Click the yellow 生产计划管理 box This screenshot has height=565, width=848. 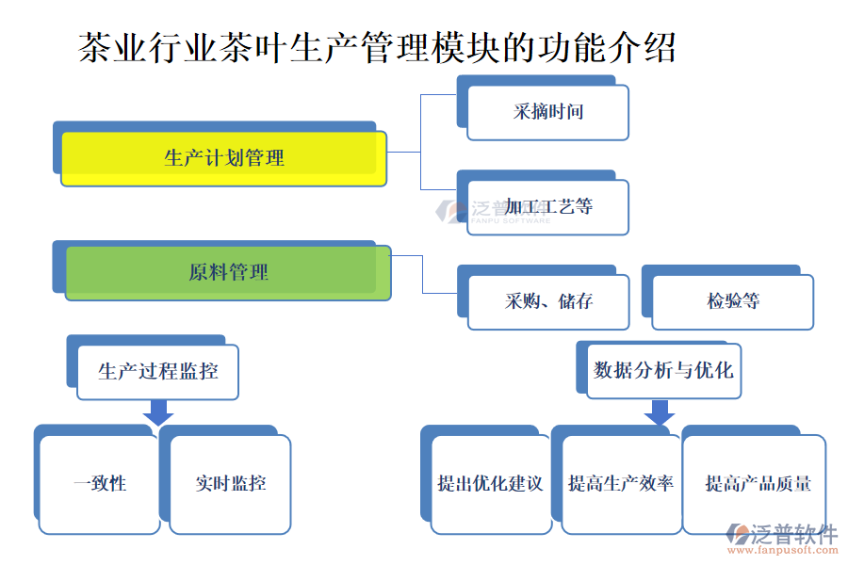(224, 158)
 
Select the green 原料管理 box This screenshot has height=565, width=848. (228, 273)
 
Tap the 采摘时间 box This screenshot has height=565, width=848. (548, 112)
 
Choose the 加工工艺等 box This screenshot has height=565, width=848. (548, 206)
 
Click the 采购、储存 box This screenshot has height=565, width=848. (548, 302)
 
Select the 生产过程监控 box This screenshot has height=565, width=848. (157, 371)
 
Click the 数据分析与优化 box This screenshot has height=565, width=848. (663, 370)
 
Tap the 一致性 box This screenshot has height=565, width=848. (100, 484)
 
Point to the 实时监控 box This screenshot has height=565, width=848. (231, 484)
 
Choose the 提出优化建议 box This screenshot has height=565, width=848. (490, 484)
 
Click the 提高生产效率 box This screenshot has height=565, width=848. (620, 484)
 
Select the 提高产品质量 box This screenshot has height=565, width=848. (758, 484)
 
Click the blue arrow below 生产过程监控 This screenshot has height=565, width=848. (157, 412)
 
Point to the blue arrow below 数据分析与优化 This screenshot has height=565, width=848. (659, 412)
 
